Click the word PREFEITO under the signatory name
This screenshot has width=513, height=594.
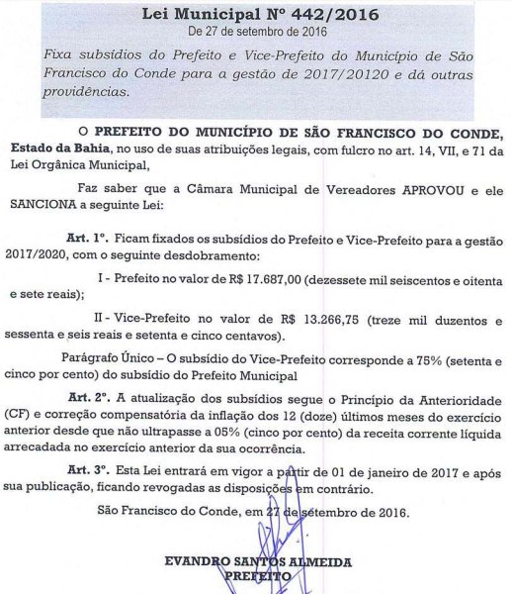pos(258,575)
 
